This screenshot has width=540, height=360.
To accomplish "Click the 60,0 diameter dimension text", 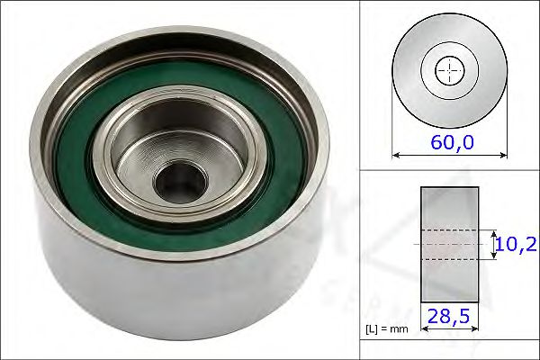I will coord(451,141).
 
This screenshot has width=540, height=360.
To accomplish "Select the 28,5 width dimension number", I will coord(450,318).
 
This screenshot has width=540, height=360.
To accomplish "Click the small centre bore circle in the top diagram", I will coord(449,71).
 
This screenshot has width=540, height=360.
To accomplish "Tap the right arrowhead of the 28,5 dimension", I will coord(475,330).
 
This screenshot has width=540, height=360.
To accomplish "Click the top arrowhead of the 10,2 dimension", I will coord(494,231).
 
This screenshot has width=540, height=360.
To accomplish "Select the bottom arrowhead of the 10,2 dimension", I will coord(494,257).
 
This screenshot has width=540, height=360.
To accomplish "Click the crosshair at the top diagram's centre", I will coord(449,71).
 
